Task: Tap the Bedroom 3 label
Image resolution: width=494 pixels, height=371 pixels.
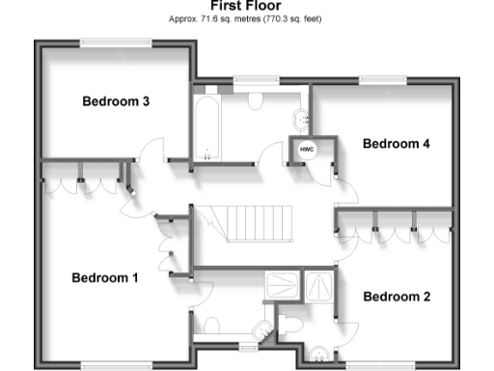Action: point(115,101)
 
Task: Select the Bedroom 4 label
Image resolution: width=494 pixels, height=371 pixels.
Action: point(396,144)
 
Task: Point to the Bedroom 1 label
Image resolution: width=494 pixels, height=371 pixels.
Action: point(105,278)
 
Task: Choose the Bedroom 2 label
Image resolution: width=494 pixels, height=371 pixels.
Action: point(396,297)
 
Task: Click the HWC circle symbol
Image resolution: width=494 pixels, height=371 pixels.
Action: point(307,150)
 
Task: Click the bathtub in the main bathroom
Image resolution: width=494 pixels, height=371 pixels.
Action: point(206,127)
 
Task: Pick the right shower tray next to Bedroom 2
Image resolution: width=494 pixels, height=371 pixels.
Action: point(317,283)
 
